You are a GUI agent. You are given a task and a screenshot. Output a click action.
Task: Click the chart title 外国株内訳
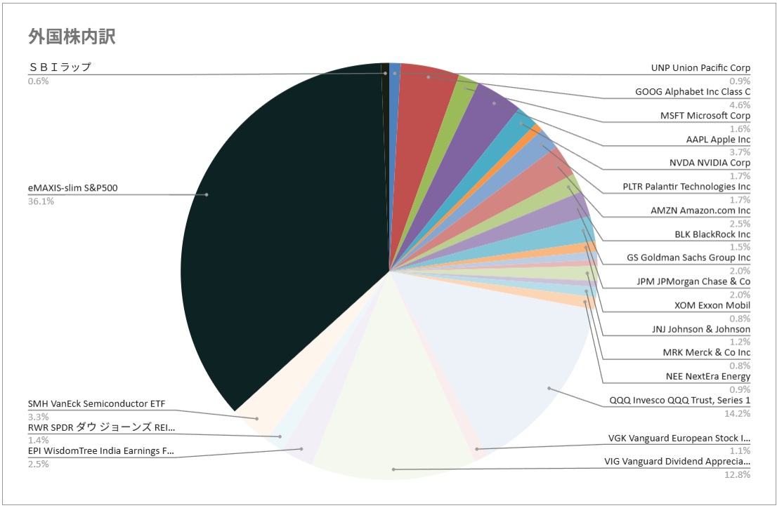click(72, 36)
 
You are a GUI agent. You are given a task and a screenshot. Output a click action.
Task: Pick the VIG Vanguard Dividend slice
click(393, 421)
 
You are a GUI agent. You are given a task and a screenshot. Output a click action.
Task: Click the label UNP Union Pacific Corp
click(700, 68)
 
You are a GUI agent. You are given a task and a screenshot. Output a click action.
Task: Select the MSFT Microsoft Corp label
click(705, 116)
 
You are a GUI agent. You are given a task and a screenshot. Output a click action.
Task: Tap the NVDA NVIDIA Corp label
click(710, 163)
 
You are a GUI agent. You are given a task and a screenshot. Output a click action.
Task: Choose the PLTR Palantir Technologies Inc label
click(686, 187)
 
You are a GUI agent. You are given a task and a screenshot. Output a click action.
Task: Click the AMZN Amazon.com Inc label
click(700, 210)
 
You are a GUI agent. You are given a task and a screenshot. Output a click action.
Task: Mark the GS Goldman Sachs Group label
click(688, 258)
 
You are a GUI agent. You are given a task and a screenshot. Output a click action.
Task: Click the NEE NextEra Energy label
click(707, 376)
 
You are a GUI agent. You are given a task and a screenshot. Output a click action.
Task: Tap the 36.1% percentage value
click(41, 201)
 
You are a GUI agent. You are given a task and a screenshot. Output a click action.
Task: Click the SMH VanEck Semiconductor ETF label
click(97, 403)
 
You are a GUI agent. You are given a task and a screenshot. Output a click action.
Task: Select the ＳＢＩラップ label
click(60, 67)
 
